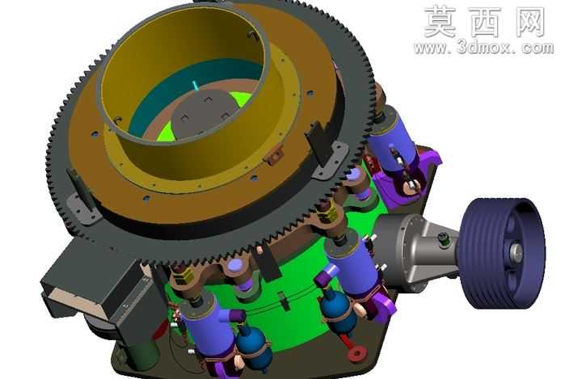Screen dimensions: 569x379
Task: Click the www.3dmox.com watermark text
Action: point(483,48)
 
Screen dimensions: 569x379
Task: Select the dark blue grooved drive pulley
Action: point(502,253)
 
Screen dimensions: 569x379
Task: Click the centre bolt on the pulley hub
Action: point(516,251)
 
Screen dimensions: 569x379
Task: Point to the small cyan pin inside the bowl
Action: point(196,86)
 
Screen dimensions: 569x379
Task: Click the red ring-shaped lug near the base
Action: point(356,353)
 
